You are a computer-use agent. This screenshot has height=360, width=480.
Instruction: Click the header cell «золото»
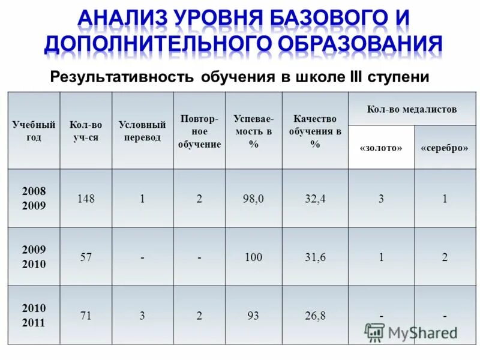(x=381, y=148)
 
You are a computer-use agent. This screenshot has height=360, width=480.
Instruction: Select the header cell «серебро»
(x=445, y=148)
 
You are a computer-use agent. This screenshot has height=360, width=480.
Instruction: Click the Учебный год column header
(x=34, y=131)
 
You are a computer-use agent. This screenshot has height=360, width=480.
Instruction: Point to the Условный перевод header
(x=142, y=131)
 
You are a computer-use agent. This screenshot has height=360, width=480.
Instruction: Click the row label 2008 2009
(x=34, y=198)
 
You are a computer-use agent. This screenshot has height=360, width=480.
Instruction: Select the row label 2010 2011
(x=34, y=315)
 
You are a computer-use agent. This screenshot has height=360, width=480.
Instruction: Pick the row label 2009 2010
(x=34, y=256)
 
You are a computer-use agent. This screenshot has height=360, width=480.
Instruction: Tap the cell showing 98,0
(x=253, y=199)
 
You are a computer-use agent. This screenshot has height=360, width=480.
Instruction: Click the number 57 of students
(x=85, y=257)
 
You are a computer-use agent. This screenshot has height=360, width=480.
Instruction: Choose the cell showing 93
(x=253, y=315)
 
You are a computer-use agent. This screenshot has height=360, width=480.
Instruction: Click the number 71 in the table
(x=85, y=315)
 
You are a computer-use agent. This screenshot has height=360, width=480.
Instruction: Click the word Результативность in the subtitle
(x=121, y=78)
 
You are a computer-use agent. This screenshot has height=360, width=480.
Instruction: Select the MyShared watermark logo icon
(x=375, y=332)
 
